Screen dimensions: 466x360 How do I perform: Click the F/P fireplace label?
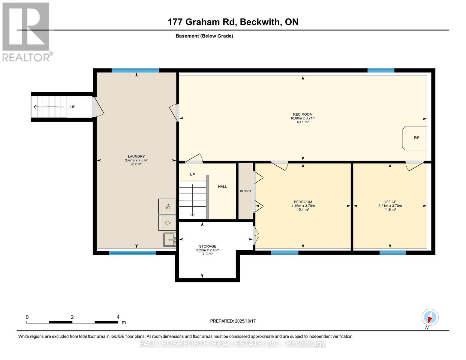416,138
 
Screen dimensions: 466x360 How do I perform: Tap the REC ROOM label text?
303,115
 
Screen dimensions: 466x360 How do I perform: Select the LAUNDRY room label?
137,157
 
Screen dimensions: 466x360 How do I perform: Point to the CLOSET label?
245,191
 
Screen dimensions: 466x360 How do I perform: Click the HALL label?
222,187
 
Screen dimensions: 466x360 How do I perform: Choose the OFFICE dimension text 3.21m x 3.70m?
390,206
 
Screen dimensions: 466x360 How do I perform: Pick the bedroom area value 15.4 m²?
303,209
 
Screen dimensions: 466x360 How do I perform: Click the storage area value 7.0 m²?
207,254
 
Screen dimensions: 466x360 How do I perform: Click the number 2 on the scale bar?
72,317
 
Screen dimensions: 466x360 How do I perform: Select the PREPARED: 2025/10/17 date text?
233,321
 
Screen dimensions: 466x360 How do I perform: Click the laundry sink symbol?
170,239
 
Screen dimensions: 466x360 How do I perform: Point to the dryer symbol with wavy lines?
167,206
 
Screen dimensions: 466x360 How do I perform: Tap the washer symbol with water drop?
167,223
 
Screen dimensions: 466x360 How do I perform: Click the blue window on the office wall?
392,253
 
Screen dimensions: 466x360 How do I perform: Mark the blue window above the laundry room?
135,70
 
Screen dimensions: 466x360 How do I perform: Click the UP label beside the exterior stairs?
73,107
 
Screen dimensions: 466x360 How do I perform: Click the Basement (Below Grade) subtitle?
204,36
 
